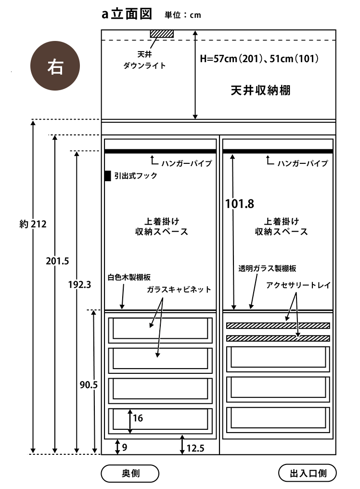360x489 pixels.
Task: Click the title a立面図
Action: click(127, 14)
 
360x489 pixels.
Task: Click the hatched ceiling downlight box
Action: click(161, 34)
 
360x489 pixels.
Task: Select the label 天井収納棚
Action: click(260, 91)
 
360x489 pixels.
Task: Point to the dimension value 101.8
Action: click(239, 203)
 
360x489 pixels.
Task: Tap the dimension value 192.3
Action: click(79, 284)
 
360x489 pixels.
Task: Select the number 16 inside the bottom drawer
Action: click(138, 418)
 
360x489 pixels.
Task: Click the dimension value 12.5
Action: click(195, 449)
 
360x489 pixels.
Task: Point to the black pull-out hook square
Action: click(108, 176)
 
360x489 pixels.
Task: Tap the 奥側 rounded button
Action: click(129, 473)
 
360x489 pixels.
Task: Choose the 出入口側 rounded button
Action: click(308, 473)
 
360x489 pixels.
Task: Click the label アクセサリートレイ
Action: click(298, 285)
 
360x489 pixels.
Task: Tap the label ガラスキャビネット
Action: click(179, 290)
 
